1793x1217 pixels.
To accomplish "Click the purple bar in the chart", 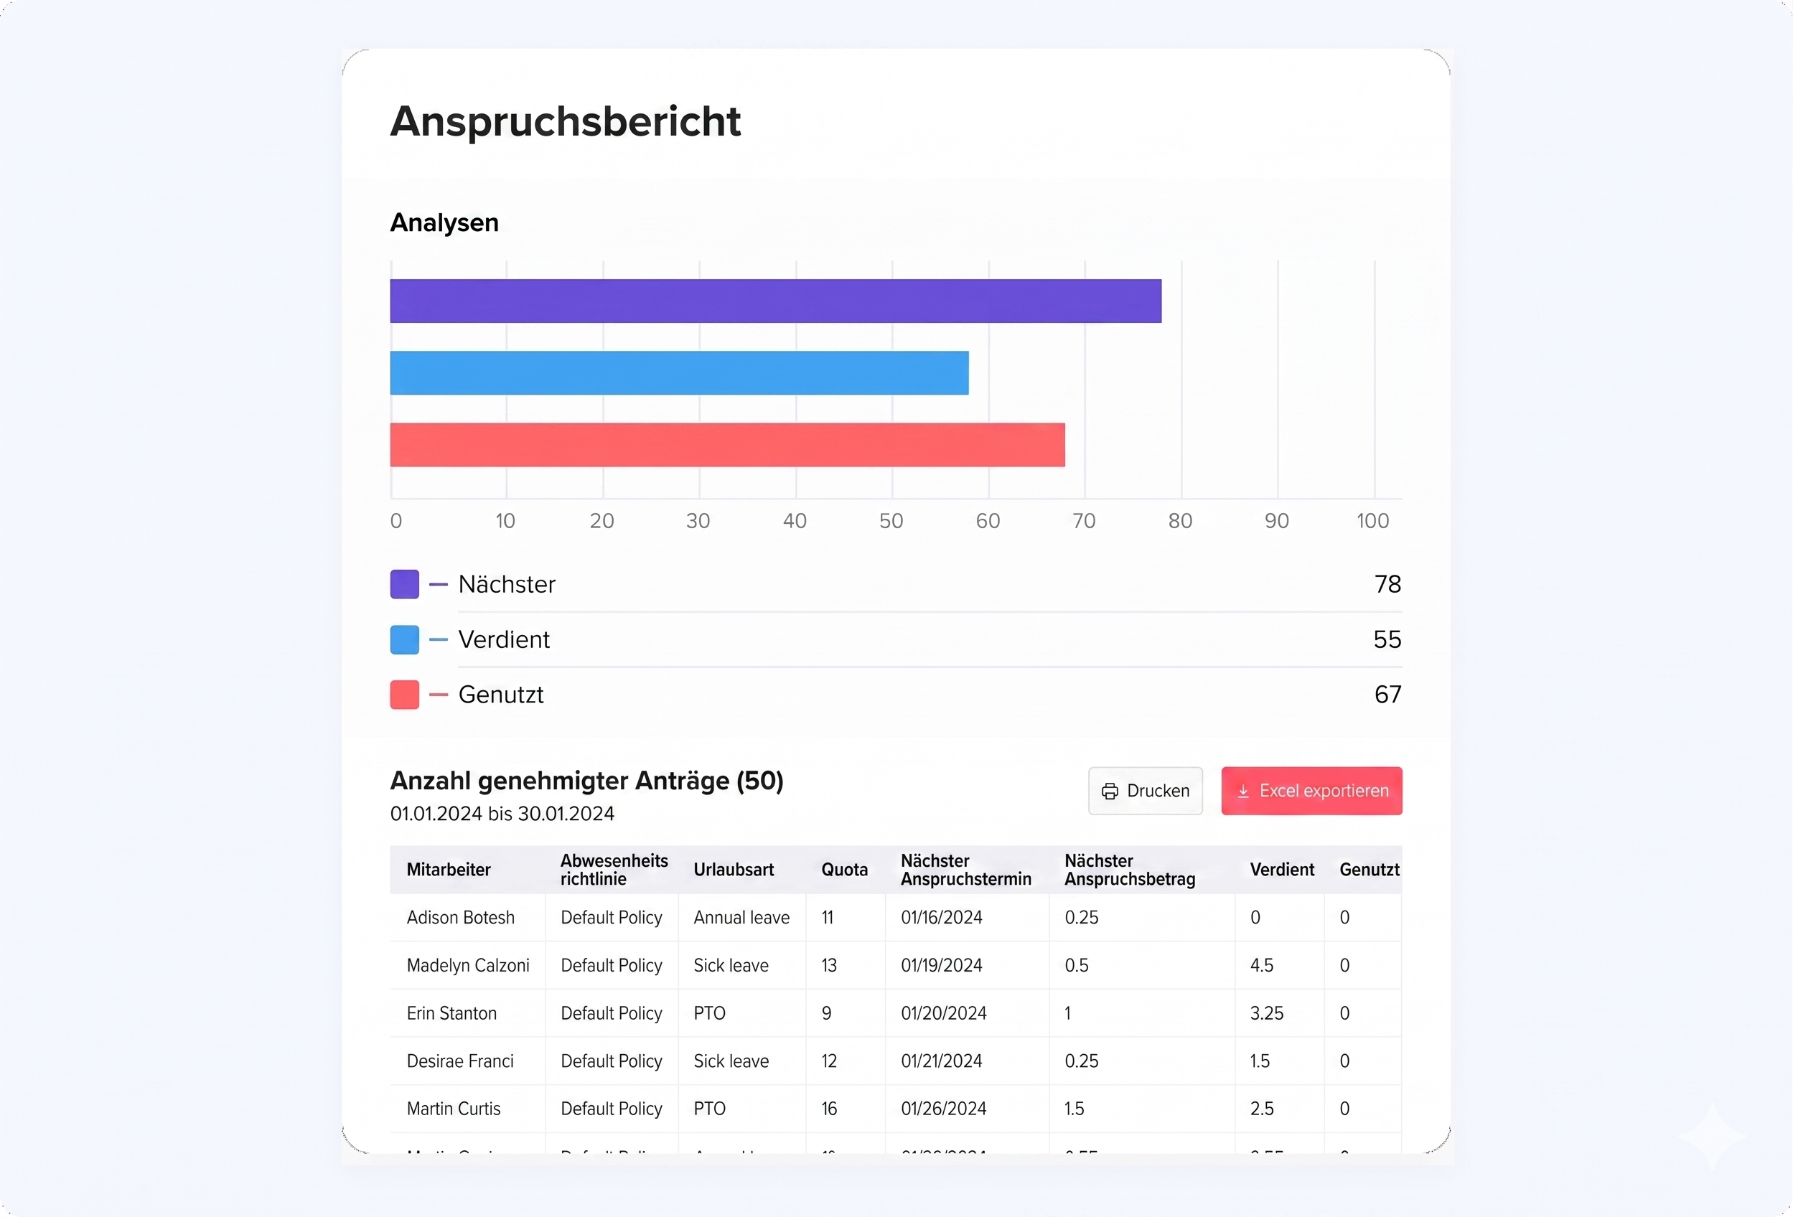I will coord(775,301).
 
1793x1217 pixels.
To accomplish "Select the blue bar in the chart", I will coord(679,373).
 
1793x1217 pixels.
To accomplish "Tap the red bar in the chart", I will coord(727,445).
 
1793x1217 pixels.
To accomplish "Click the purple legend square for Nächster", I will coord(404,585).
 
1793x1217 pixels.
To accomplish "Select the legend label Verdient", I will coord(504,639).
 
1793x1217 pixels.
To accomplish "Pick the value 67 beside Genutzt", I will coord(1387,695).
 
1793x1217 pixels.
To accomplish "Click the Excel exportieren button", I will coord(1311,791).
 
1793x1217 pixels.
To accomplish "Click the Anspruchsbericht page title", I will coord(566,121).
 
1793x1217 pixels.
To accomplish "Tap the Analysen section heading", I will coord(444,223).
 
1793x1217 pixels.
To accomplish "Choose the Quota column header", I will coord(844,870).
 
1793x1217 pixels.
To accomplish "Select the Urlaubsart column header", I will coord(733,870).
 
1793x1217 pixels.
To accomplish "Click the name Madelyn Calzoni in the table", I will coord(467,966).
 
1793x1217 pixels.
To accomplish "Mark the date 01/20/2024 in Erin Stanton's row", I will coord(944,1013).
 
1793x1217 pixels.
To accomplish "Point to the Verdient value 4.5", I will coord(1261,966).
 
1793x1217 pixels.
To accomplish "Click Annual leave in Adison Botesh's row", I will coord(741,918).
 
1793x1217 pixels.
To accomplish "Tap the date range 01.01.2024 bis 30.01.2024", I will coord(502,814).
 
